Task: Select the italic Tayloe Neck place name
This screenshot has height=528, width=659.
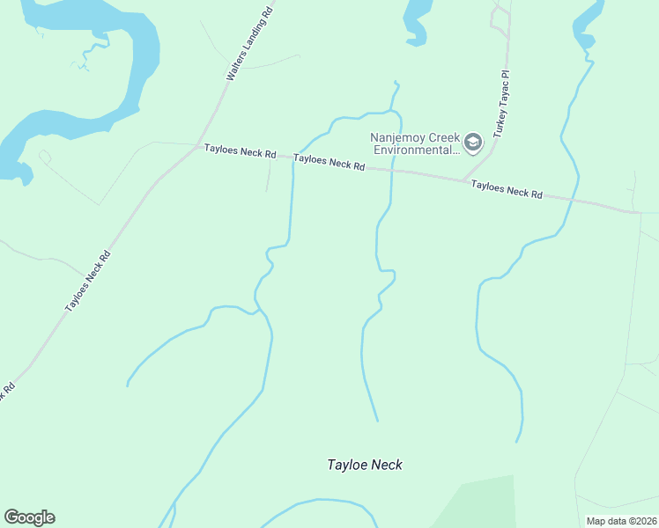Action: tap(364, 465)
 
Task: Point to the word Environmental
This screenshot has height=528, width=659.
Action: tap(416, 150)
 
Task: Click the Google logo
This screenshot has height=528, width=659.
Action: tap(29, 517)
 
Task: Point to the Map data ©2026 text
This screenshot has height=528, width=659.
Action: tap(621, 521)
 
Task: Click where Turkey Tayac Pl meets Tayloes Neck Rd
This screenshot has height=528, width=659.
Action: tap(464, 180)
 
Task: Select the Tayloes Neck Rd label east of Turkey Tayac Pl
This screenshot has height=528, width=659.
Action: tap(507, 189)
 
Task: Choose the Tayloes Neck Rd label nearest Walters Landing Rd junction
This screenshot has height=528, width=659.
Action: tap(240, 151)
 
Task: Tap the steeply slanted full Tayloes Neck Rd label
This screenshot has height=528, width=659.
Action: tap(88, 282)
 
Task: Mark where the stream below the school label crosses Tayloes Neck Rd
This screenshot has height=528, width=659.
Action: tap(390, 170)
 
